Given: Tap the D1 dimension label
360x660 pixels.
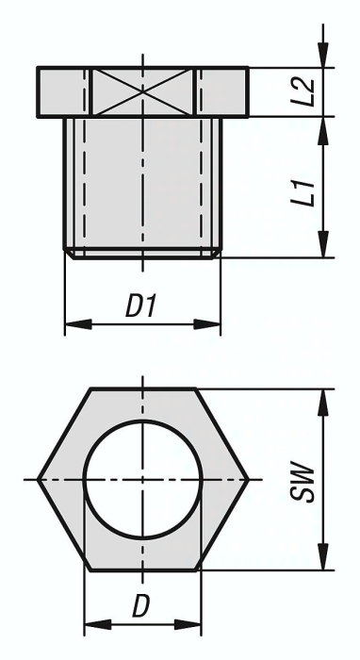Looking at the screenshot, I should (x=142, y=306).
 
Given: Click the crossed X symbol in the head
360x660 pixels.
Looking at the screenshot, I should (x=142, y=91).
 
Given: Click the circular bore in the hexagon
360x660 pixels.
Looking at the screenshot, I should (x=142, y=480).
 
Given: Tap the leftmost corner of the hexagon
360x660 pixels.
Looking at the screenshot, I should (x=39, y=480).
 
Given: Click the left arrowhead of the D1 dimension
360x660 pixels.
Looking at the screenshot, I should (x=72, y=325).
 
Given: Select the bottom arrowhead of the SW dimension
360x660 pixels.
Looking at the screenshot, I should (x=323, y=563).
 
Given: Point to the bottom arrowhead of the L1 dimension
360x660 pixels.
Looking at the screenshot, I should (x=323, y=249).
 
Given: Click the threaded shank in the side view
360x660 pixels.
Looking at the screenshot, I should (x=142, y=184).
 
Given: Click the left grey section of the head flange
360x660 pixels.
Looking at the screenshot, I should (x=64, y=91).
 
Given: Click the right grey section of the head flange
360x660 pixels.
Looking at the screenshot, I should (x=223, y=91).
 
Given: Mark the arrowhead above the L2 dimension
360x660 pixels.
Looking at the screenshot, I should (x=323, y=59).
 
